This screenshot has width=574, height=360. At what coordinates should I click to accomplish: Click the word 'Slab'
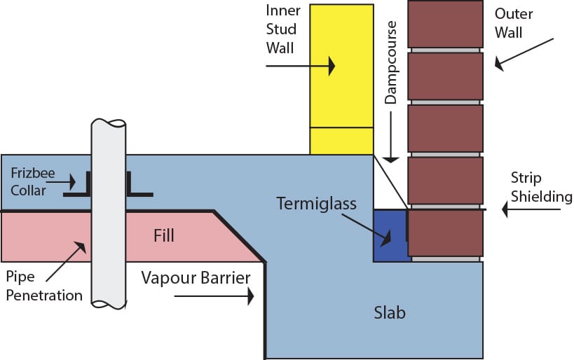coord(389,312)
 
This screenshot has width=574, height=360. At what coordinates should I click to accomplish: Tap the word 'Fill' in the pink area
coord(163,236)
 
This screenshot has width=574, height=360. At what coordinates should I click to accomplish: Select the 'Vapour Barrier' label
coord(196,278)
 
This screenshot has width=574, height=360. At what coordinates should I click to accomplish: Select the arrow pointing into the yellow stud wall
coord(301,67)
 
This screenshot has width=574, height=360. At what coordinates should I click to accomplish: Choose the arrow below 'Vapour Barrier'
coord(214,297)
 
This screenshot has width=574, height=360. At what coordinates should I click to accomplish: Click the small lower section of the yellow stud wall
coord(341,141)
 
